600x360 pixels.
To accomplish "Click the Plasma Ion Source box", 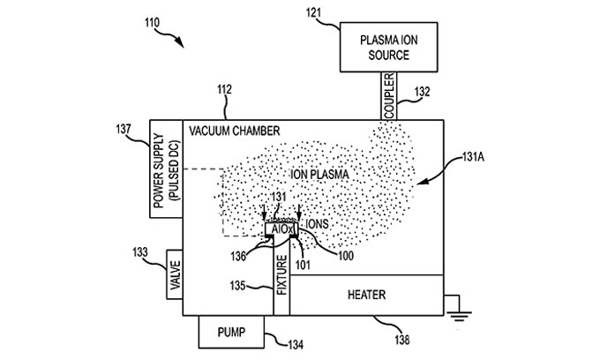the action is (389, 47).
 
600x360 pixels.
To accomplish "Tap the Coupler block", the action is (389, 96).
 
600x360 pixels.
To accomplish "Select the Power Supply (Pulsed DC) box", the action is (166, 169).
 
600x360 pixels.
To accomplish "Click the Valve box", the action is (175, 274).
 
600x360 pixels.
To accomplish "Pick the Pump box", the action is (231, 332).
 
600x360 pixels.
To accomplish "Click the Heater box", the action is (366, 295).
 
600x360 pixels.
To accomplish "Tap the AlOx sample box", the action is (281, 229).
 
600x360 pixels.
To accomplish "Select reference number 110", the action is (152, 23).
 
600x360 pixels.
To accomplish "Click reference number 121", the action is (313, 13).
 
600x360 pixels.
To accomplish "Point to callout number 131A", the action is (473, 157).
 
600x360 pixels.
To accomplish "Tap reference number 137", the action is (124, 130).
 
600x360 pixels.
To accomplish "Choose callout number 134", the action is (296, 345).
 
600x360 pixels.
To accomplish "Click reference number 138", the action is (402, 340).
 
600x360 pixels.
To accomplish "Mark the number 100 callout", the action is (346, 256).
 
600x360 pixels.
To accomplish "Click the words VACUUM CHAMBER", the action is (235, 131).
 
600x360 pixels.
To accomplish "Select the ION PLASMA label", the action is (320, 175).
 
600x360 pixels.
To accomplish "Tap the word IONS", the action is (318, 224).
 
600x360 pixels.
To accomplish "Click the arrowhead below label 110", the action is (180, 42).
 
